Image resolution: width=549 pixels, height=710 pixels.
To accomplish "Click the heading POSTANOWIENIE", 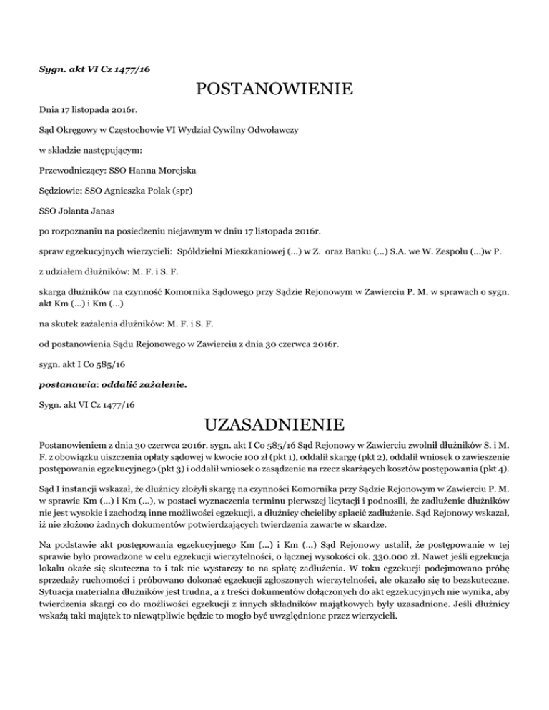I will pos(274,90).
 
